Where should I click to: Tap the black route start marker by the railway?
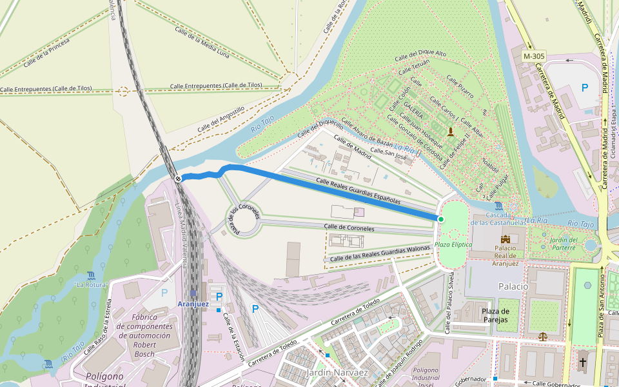(x=177, y=179)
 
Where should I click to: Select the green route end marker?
(x=441, y=220)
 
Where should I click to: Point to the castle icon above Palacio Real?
(x=505, y=239)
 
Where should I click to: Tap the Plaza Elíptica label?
(x=453, y=244)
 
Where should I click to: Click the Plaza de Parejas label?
(x=495, y=315)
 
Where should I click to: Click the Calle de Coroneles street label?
(x=349, y=227)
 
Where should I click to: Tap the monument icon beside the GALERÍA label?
(x=450, y=132)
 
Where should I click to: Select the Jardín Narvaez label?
(x=337, y=373)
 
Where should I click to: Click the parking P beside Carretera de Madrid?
(x=585, y=87)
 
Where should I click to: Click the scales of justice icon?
(x=543, y=337)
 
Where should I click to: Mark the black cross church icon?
(x=583, y=362)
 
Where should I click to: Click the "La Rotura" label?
(x=90, y=284)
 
